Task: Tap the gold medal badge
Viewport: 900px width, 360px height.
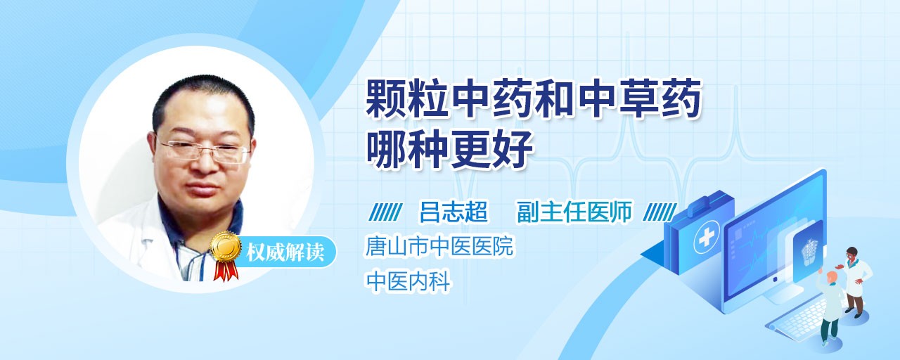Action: point(226,245)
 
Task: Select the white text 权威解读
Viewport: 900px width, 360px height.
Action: point(285,252)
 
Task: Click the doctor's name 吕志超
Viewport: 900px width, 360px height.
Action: point(454,212)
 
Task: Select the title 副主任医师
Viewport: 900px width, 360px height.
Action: point(574,212)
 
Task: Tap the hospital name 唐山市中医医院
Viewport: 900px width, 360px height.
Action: point(439,246)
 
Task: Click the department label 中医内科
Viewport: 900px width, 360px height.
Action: point(408,281)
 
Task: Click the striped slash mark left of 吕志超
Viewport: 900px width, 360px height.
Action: point(385,212)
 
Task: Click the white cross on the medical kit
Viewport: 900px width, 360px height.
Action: point(707,239)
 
